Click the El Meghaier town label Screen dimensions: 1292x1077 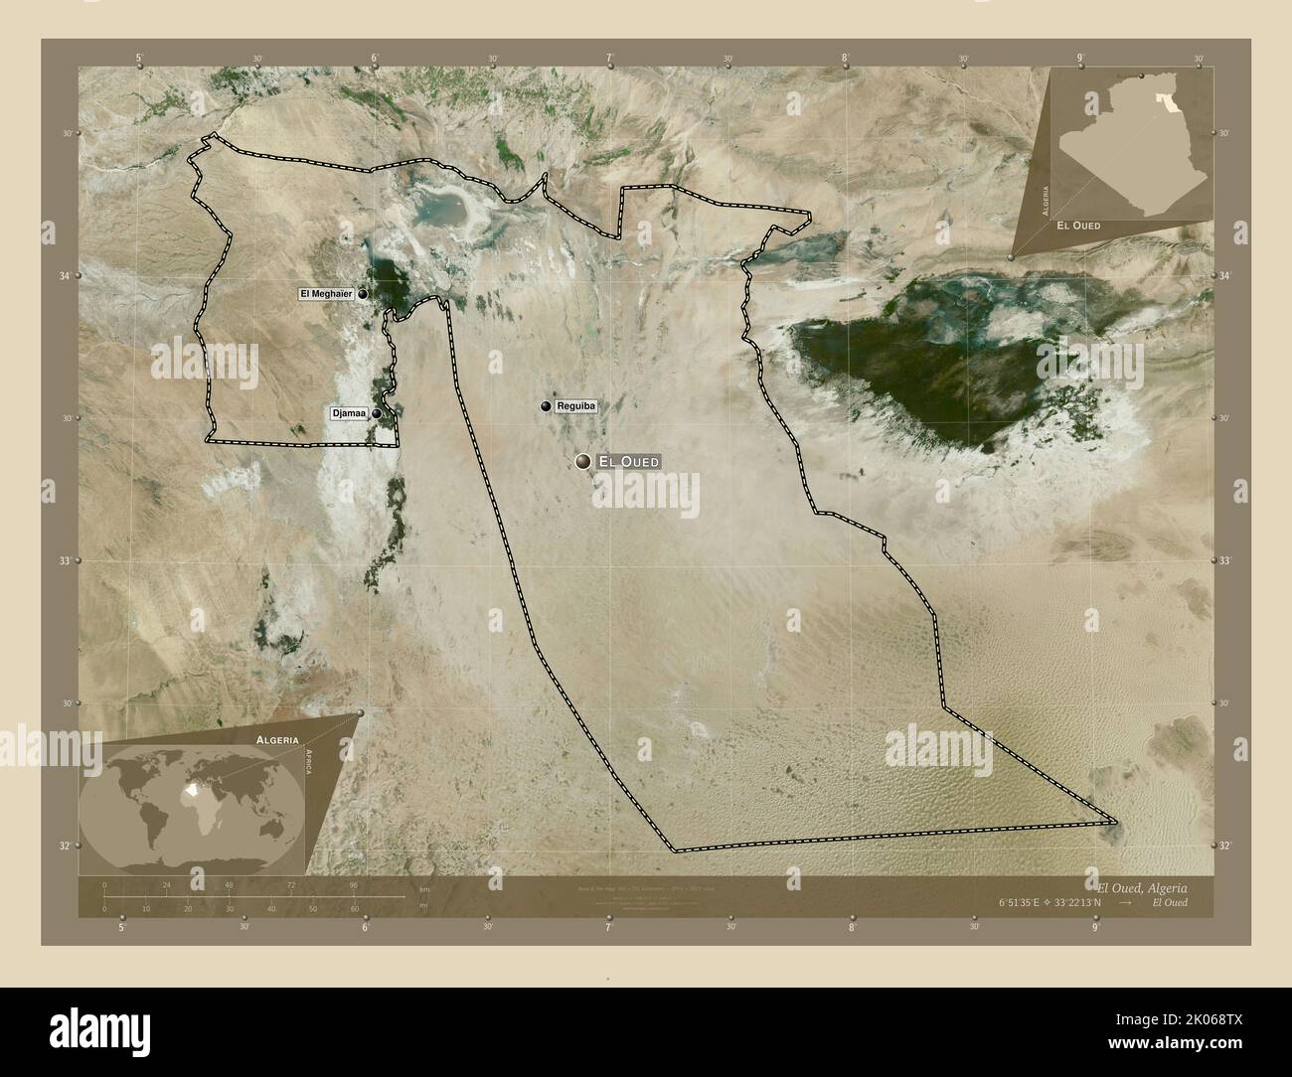(327, 294)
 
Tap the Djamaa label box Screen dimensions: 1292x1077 (349, 413)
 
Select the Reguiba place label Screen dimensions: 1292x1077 (575, 406)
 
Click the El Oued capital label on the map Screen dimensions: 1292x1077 (628, 462)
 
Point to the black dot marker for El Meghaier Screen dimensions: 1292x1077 (364, 294)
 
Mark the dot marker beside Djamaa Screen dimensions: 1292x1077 (377, 414)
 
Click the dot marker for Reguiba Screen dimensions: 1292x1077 (546, 406)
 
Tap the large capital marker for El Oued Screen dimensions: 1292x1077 (582, 461)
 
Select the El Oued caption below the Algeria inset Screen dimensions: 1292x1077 (1078, 226)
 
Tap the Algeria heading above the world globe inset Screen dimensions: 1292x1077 (277, 741)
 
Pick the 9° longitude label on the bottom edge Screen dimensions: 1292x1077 (1094, 929)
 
